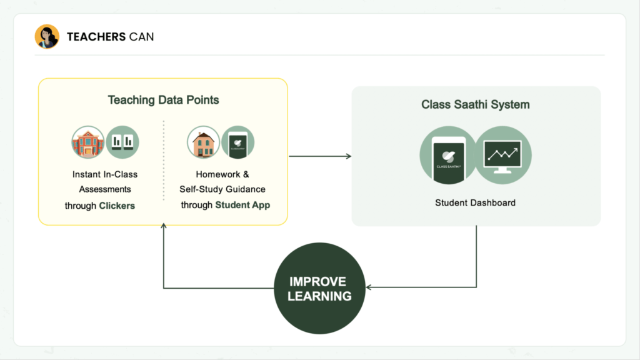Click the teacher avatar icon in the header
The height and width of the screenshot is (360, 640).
coord(47,37)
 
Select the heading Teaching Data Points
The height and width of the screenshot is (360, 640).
coord(163,100)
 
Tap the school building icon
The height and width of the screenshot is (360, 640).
coord(87,142)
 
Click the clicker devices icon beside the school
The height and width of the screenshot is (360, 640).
coord(122,142)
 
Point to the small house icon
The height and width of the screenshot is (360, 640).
coord(203,142)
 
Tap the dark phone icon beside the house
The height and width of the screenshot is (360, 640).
coord(238,142)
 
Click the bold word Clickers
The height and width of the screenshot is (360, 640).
coord(117,205)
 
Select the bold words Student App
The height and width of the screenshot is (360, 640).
coord(242,205)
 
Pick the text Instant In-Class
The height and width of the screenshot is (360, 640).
coord(105,174)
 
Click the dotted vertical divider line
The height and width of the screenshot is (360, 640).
coord(164,159)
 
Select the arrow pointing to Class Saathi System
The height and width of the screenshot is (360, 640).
coord(347,156)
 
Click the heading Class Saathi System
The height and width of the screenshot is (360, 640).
coord(475,105)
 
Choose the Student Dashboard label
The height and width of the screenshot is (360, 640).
coord(475,203)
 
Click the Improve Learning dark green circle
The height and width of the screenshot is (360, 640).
coord(319,288)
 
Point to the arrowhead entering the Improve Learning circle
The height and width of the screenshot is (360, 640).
coord(369,288)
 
